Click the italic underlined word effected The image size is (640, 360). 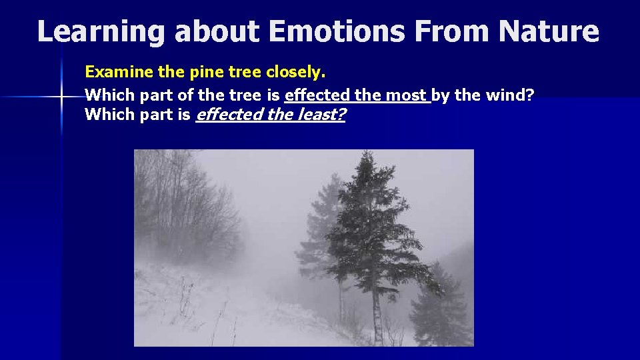point(229,115)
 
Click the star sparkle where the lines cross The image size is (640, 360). point(61,97)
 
